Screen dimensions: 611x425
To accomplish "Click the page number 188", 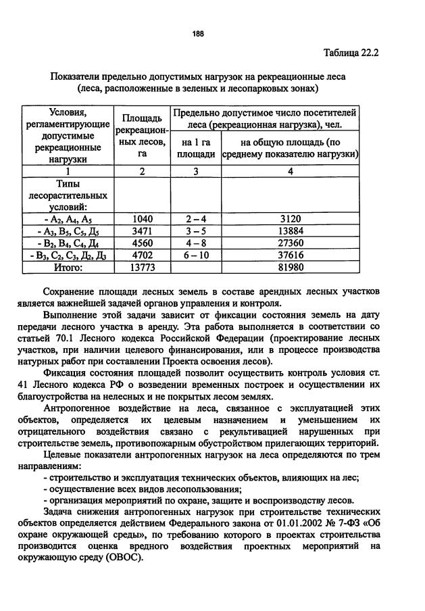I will [197, 34].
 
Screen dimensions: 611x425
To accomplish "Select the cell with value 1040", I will [143, 219].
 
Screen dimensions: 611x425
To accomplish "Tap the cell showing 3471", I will [143, 231].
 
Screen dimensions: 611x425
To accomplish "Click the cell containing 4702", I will [143, 255].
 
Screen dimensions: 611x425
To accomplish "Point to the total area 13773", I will [143, 268].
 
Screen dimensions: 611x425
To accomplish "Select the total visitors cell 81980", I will [291, 268].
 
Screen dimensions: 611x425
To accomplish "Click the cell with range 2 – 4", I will [196, 219].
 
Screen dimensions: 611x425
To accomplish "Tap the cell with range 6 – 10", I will [196, 255].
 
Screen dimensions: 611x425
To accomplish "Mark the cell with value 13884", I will [291, 231].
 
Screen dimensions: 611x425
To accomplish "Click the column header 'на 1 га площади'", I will [196, 149].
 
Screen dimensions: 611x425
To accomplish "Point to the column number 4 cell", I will [291, 172].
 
